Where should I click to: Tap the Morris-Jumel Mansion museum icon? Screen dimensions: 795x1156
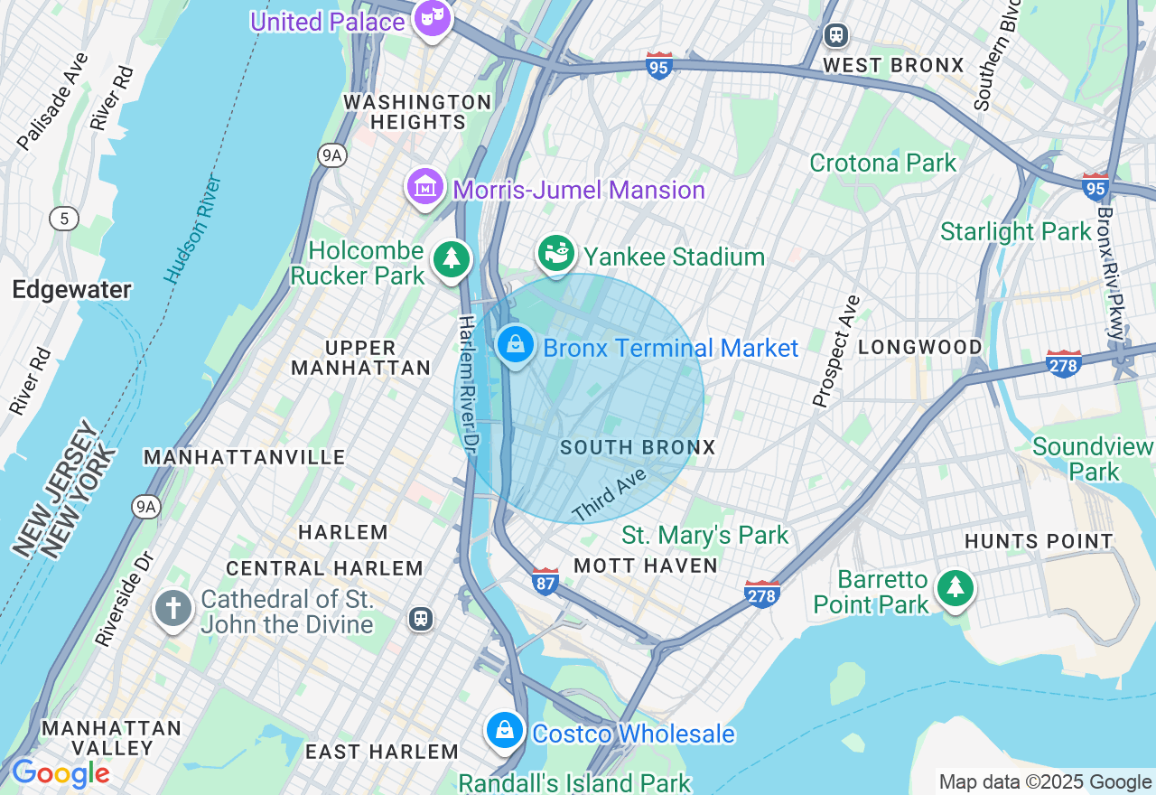coord(424,187)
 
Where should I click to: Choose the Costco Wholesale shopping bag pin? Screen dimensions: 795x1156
coord(505,730)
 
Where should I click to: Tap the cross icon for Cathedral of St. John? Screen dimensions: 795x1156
coord(172,609)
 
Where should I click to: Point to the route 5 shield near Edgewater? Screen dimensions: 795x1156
coord(64,218)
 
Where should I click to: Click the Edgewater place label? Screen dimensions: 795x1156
coord(72,290)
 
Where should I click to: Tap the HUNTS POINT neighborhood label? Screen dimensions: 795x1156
coord(1039,541)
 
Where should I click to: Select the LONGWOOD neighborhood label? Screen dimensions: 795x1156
coord(919,347)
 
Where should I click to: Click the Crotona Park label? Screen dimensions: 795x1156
coord(882,164)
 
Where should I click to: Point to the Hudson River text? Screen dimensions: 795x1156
coord(193,229)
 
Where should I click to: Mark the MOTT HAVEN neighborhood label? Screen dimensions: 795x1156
coord(646,566)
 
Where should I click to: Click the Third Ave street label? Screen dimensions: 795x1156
coord(610,494)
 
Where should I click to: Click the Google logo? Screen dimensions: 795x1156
coord(61,773)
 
